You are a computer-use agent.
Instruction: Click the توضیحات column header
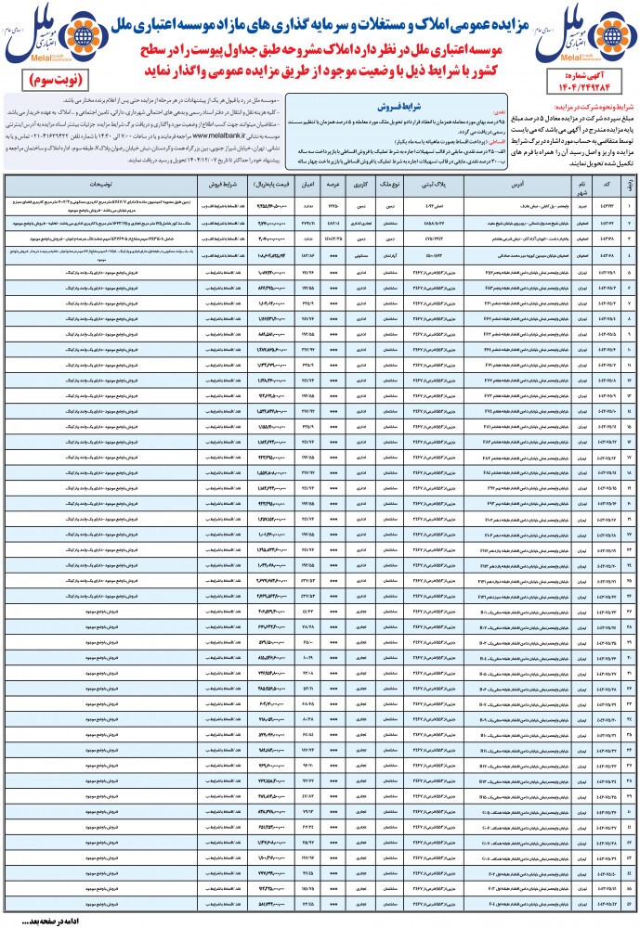(88, 184)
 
